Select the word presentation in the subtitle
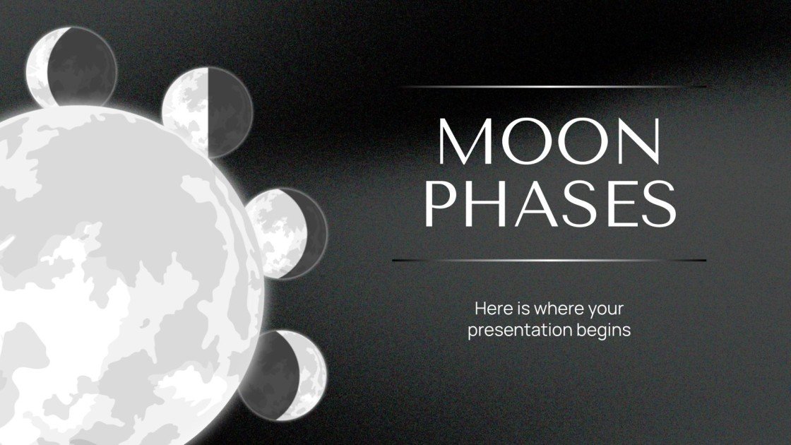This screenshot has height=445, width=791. click(x=516, y=330)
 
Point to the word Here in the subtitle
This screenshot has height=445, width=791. click(x=492, y=309)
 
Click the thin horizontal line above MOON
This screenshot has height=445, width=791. click(x=551, y=87)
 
